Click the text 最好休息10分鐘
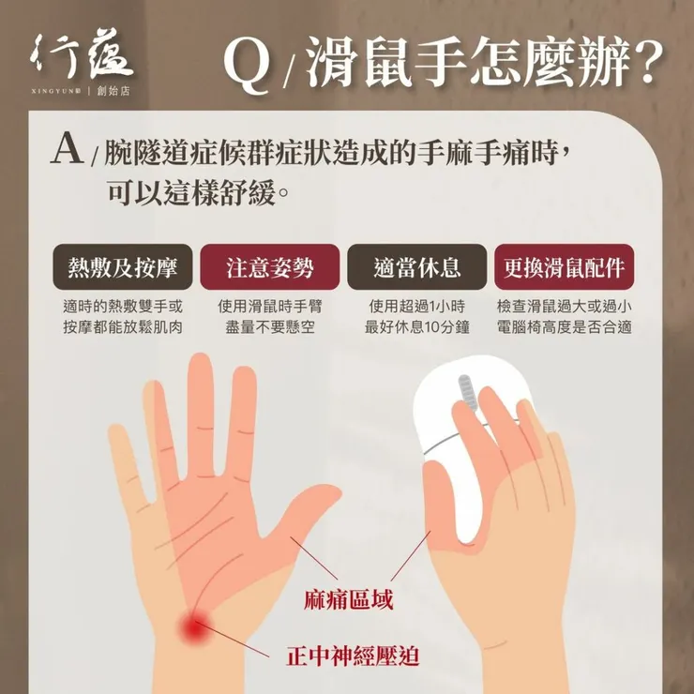416,327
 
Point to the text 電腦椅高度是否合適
564,327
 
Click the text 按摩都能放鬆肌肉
124,327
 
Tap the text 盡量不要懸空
270,327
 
